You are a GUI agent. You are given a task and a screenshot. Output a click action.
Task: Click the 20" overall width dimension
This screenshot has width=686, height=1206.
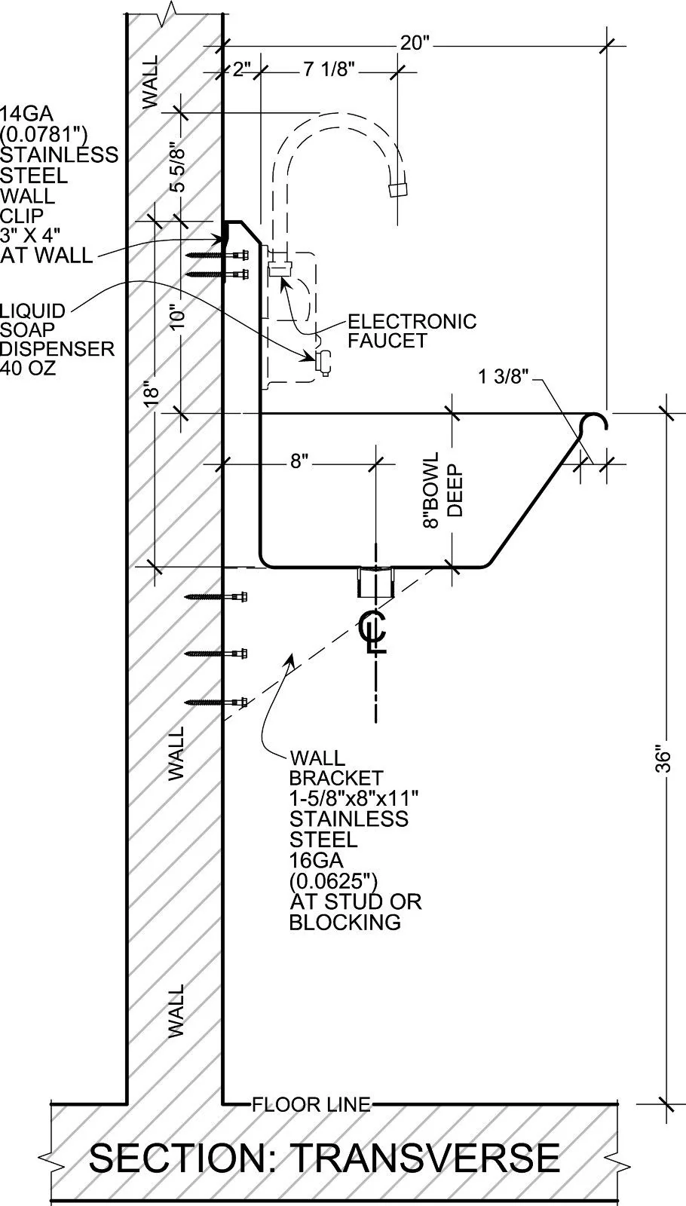click(x=414, y=43)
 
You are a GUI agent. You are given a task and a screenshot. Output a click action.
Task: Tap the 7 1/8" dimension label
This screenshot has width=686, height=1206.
click(x=329, y=69)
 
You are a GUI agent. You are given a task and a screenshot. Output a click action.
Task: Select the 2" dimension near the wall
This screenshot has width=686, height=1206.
click(x=242, y=69)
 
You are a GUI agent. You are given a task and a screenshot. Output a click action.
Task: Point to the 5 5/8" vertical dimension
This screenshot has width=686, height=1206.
click(x=177, y=167)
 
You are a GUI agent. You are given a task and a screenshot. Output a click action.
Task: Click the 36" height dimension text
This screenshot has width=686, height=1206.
click(x=664, y=759)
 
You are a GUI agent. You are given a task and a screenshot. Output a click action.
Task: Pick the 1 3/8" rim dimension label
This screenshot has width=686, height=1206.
click(x=504, y=376)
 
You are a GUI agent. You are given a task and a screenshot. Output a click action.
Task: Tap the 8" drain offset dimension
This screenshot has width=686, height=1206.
click(x=299, y=461)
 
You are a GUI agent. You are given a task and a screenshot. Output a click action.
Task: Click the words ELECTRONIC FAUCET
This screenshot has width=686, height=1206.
click(x=412, y=331)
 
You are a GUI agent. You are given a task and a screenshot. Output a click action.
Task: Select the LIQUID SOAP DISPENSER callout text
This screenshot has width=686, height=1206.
click(x=57, y=340)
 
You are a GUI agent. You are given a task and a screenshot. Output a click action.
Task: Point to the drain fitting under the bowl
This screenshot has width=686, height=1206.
click(x=376, y=582)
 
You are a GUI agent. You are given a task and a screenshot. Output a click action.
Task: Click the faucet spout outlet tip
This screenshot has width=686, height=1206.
click(x=398, y=189)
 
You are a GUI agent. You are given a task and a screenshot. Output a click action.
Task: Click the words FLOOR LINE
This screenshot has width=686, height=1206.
click(x=311, y=1105)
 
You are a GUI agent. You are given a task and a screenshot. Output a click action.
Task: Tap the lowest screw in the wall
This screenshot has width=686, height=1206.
click(x=216, y=702)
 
